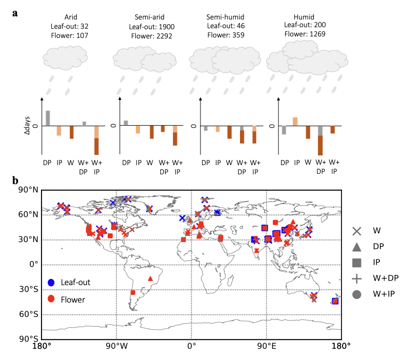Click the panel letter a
[16, 12]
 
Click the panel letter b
[16, 181]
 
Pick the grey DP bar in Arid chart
[48, 118]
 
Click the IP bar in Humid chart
[295, 122]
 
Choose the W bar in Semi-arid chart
[151, 132]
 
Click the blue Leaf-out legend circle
[51, 283]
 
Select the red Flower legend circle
[51, 299]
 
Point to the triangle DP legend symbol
[357, 247]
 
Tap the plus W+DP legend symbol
[357, 278]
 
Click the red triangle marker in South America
[150, 278]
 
